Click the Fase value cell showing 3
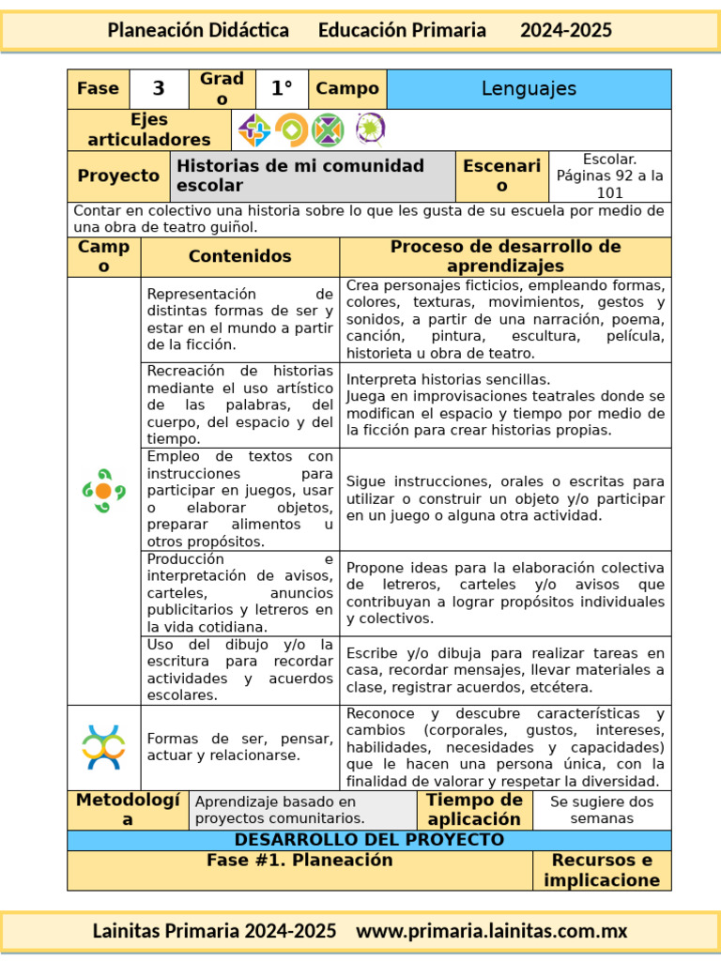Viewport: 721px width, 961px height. (159, 89)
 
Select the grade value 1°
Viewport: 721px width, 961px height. (282, 89)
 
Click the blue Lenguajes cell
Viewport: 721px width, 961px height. (529, 89)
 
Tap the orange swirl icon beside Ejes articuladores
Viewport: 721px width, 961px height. (291, 130)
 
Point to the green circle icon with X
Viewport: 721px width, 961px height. (328, 130)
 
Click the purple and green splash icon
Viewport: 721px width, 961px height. (369, 129)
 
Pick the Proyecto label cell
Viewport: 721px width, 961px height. (118, 176)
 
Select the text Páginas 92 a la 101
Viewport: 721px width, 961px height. (609, 184)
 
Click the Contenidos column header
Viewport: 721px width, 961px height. (240, 256)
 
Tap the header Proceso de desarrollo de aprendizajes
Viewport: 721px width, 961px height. (505, 256)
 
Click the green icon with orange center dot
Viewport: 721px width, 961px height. (103, 491)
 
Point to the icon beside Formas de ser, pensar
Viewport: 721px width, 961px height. (103, 747)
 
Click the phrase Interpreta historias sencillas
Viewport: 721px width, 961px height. (449, 380)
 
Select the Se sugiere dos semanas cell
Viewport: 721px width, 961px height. (602, 810)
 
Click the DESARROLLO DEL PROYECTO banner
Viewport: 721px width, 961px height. (369, 840)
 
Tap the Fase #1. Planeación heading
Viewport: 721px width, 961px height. (299, 861)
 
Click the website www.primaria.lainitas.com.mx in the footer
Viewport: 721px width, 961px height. (493, 931)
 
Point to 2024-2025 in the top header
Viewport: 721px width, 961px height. (566, 30)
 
